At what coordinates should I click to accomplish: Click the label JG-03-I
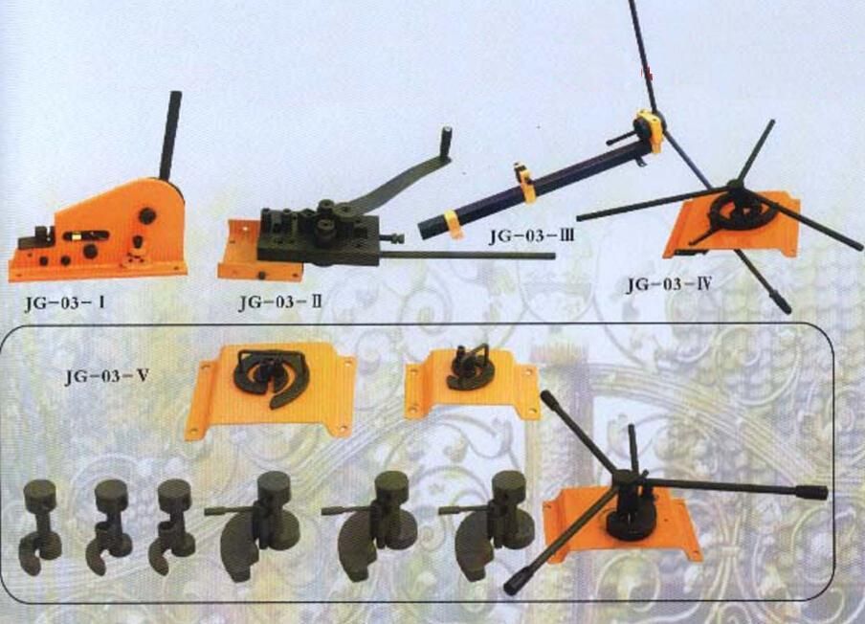coord(64,304)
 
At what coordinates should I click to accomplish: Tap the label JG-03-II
coord(280,302)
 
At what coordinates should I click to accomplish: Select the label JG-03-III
coord(531,236)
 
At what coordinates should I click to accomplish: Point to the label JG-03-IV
coord(669,284)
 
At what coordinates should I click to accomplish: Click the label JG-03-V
coord(107,376)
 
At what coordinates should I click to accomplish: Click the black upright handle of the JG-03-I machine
coord(170,136)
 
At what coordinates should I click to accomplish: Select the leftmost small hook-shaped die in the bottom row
coord(40,526)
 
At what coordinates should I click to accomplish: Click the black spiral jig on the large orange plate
coord(271,374)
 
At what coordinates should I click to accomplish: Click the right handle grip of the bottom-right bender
coord(810,492)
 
